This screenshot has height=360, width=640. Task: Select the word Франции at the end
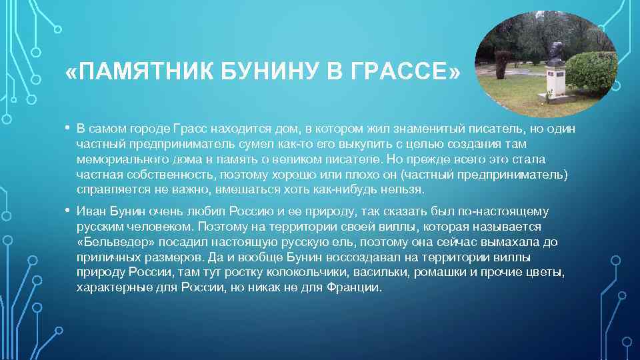tap(353, 288)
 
